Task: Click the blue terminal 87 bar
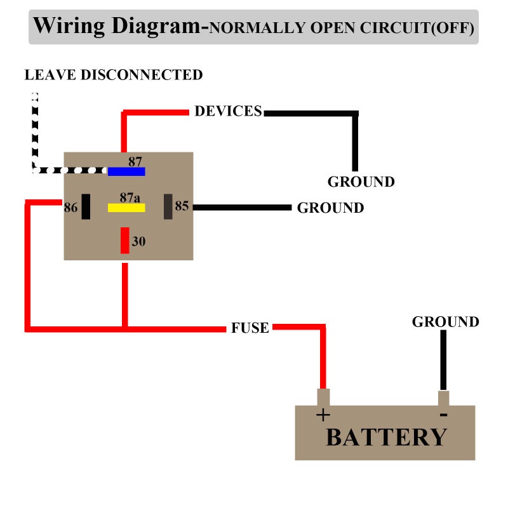pyautogui.click(x=126, y=171)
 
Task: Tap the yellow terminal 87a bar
pyautogui.click(x=126, y=208)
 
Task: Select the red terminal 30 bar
pyautogui.click(x=125, y=240)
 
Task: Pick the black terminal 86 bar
pyautogui.click(x=86, y=207)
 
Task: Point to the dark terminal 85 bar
pyautogui.click(x=168, y=207)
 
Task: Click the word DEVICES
pyautogui.click(x=228, y=111)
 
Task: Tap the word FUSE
pyautogui.click(x=250, y=328)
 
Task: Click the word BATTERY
pyautogui.click(x=387, y=438)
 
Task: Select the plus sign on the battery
pyautogui.click(x=323, y=415)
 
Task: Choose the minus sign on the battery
pyautogui.click(x=443, y=415)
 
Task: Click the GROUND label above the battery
pyautogui.click(x=446, y=322)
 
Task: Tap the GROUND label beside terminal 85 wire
pyautogui.click(x=330, y=208)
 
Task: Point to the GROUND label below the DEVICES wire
pyautogui.click(x=361, y=182)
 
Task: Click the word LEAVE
pyautogui.click(x=50, y=75)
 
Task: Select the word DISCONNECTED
pyautogui.click(x=142, y=75)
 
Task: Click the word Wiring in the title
pyautogui.click(x=69, y=26)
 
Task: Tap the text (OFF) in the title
pyautogui.click(x=453, y=28)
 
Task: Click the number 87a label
pyautogui.click(x=130, y=197)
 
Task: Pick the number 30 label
pyautogui.click(x=138, y=241)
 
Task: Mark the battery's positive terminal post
pyautogui.click(x=323, y=398)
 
